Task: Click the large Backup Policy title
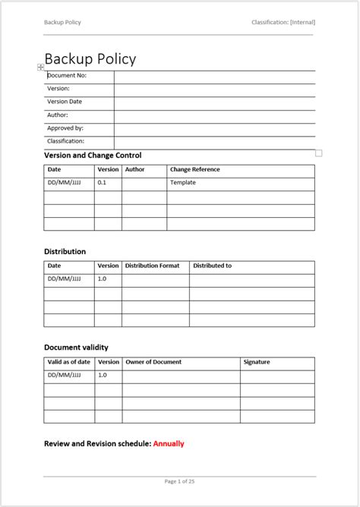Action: [x=90, y=58]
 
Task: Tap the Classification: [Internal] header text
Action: [x=283, y=22]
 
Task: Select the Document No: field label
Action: [x=67, y=76]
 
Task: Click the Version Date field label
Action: [x=65, y=102]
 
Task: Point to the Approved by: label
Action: [x=65, y=128]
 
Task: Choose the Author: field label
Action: [x=58, y=115]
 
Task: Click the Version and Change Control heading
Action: [x=93, y=156]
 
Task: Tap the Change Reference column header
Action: [x=195, y=170]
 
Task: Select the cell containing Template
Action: [x=183, y=183]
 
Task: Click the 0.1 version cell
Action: [x=103, y=183]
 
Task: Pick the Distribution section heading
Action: [x=65, y=251]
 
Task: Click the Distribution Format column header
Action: [x=152, y=266]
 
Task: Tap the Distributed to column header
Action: [x=212, y=266]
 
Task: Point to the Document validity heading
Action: [x=82, y=348]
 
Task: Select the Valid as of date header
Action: [x=69, y=362]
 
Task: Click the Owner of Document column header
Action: [x=153, y=362]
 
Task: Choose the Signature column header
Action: [x=257, y=362]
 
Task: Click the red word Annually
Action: [x=169, y=444]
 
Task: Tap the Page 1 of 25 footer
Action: [x=180, y=481]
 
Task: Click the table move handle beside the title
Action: [x=41, y=68]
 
